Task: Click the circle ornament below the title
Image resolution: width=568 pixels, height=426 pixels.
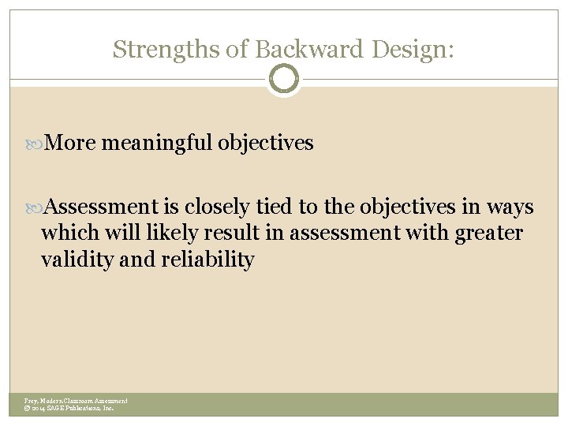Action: coord(284,79)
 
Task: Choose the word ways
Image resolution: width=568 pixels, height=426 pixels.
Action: coord(510,207)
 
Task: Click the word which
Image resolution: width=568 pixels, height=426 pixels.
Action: coord(66,234)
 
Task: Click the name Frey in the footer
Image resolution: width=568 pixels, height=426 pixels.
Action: coord(31,402)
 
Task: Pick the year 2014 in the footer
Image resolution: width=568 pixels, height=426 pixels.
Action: coord(40,409)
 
